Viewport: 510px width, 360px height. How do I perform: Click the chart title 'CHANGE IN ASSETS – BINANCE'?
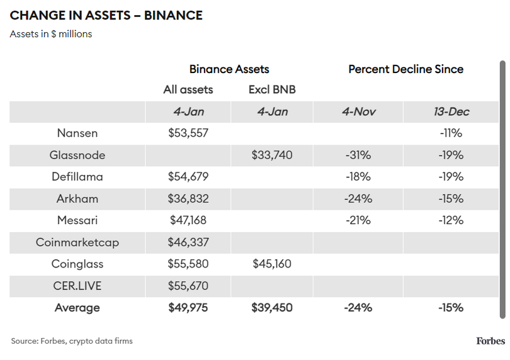click(x=106, y=16)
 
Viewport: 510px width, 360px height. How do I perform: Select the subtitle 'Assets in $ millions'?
click(x=51, y=34)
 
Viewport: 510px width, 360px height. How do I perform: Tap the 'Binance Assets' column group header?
click(x=229, y=69)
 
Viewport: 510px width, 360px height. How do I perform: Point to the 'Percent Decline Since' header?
click(x=405, y=69)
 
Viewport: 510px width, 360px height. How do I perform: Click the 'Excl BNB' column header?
click(x=272, y=90)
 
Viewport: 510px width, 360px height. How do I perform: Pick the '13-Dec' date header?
click(x=451, y=112)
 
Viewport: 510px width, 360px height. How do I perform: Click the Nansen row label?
click(x=77, y=133)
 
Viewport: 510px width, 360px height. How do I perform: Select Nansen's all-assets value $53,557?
click(x=188, y=133)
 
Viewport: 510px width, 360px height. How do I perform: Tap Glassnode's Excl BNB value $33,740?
click(x=272, y=155)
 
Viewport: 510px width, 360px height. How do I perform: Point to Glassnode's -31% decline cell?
click(x=358, y=155)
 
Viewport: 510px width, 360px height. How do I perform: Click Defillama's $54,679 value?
click(x=188, y=177)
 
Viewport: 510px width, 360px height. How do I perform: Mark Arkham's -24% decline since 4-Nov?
click(x=358, y=199)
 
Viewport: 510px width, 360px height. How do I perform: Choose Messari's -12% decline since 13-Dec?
click(x=451, y=220)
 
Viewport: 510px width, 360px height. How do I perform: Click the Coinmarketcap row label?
click(x=77, y=242)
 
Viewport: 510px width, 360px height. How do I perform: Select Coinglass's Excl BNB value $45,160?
click(x=272, y=264)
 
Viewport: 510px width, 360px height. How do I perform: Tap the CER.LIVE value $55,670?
click(x=188, y=286)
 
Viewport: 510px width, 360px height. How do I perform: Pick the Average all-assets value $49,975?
click(x=188, y=308)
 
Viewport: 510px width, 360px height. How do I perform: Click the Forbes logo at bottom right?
click(x=490, y=341)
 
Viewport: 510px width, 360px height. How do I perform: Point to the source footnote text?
click(x=72, y=341)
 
